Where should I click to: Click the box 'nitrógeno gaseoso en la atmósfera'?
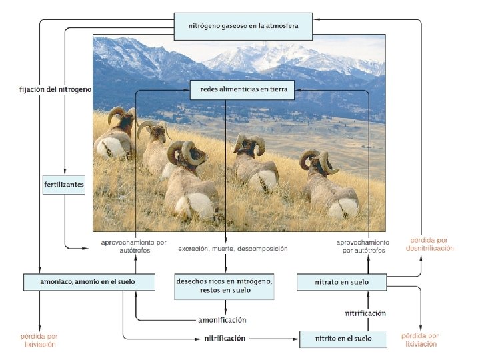tap(243, 25)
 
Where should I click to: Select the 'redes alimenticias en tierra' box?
tap(242, 90)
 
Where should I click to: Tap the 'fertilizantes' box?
tap(64, 184)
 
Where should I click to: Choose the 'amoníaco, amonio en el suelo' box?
tap(89, 282)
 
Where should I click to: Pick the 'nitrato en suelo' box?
tap(341, 282)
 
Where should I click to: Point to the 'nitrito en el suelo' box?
tap(343, 339)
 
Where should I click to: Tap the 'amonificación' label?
tap(222, 320)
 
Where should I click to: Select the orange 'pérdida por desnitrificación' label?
tap(430, 244)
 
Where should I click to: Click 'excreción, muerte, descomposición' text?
tap(233, 249)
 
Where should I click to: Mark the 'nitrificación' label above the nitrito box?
tap(365, 313)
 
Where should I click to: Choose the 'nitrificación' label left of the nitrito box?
tap(225, 339)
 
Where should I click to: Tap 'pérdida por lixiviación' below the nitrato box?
tap(420, 341)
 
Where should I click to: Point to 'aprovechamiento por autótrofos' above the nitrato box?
tap(363, 246)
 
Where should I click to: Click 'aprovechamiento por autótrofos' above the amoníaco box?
tap(125, 246)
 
